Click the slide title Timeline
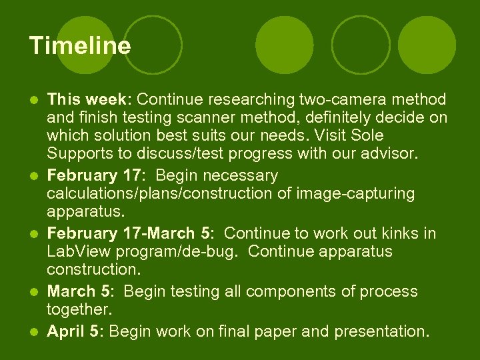tap(80, 46)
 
